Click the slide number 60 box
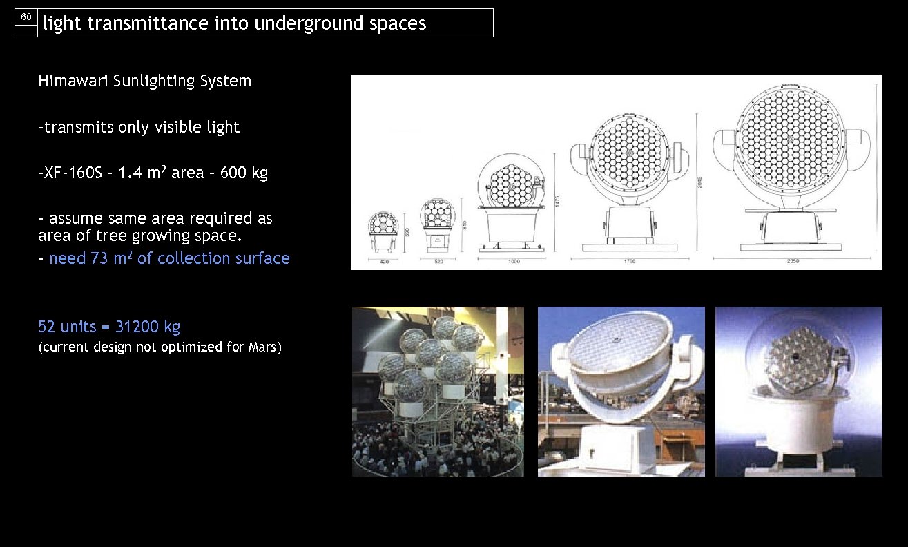[x=26, y=17]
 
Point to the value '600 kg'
[x=244, y=173]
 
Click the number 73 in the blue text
[x=99, y=258]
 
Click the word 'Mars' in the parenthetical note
[x=262, y=347]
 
